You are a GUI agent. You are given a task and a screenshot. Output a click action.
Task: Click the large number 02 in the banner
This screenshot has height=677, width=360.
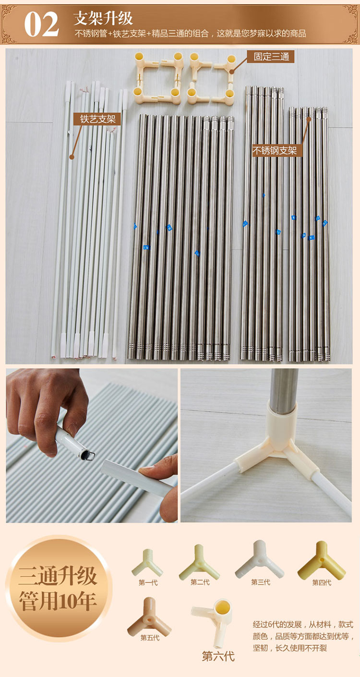pyautogui.click(x=41, y=25)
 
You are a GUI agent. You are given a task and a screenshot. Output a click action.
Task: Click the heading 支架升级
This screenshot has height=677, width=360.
pyautogui.click(x=103, y=18)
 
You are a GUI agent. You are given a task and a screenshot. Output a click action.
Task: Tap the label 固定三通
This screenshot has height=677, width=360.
pyautogui.click(x=271, y=57)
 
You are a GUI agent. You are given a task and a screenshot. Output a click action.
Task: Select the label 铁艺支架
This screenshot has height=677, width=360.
pyautogui.click(x=97, y=119)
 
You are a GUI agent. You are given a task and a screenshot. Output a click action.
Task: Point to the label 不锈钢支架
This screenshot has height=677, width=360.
pyautogui.click(x=275, y=150)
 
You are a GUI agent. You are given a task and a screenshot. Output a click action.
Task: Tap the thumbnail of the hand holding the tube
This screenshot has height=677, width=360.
pyautogui.click(x=92, y=446)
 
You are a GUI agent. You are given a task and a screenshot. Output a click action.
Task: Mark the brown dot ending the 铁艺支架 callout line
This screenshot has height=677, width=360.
pyautogui.click(x=72, y=157)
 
